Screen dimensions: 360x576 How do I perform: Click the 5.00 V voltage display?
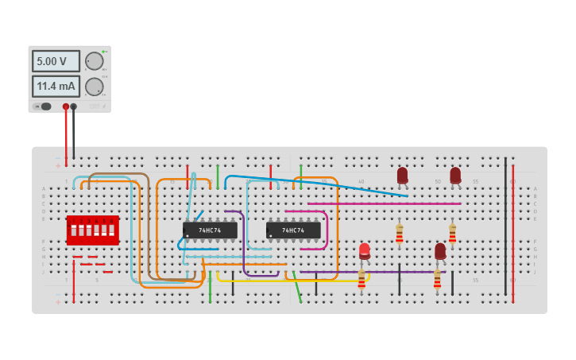[x=56, y=61]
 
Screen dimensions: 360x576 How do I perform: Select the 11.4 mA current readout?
[x=56, y=86]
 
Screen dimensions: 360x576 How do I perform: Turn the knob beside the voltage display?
[x=95, y=61]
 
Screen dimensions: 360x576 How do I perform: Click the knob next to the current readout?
[x=95, y=87]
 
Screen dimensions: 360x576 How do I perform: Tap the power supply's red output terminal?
[x=66, y=106]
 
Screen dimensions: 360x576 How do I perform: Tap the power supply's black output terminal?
[x=74, y=106]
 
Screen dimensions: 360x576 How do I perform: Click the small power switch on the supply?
[x=45, y=106]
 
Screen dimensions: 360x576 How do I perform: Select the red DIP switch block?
[x=92, y=230]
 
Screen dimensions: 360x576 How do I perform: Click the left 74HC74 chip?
[x=210, y=230]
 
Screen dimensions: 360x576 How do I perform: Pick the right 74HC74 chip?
[x=293, y=230]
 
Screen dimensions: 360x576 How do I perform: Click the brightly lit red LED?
[x=365, y=250]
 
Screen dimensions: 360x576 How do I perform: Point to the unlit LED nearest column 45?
[x=402, y=175]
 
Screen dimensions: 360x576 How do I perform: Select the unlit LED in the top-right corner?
[x=455, y=175]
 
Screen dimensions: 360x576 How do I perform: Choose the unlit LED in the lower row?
[x=440, y=251]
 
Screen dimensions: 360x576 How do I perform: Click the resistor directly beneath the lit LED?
[x=361, y=280]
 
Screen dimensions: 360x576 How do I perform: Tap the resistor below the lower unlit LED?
[x=437, y=280]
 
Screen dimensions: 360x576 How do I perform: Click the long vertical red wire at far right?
[x=512, y=230]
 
